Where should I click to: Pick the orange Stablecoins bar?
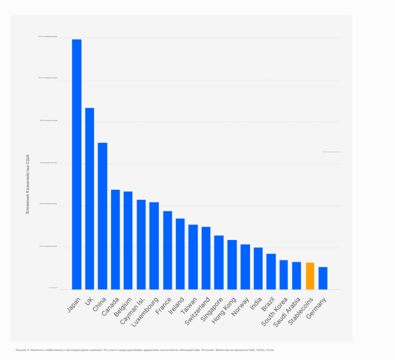310,276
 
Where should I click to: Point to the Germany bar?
323,278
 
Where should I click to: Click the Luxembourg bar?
154,246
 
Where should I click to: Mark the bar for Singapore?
219,262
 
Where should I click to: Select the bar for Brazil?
271,271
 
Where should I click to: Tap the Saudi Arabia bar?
297,275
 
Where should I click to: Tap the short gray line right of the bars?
331,152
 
